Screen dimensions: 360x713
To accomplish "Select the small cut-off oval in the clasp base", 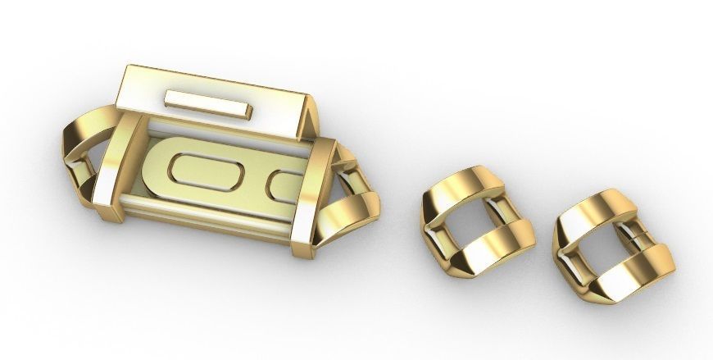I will (x=286, y=185).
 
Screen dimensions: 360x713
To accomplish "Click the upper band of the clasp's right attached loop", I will (x=343, y=161).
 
